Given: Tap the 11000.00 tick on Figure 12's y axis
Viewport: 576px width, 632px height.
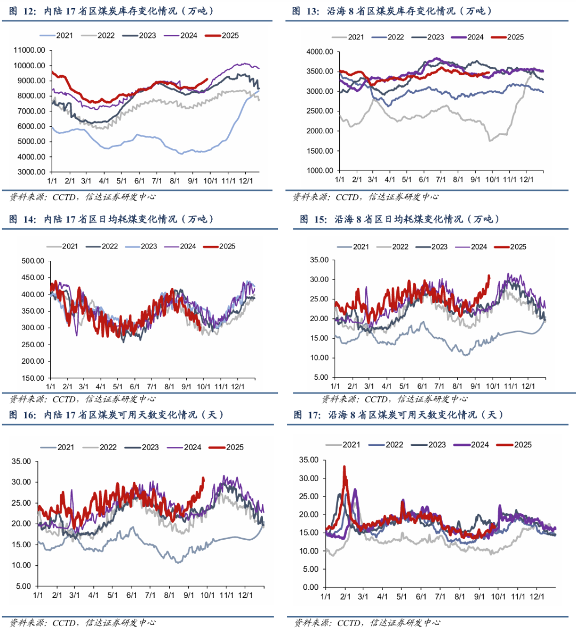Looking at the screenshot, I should point(30,50).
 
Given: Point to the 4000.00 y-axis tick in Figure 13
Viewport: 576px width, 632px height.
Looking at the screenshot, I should point(320,52).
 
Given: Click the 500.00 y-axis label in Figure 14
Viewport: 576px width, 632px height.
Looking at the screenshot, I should point(33,261).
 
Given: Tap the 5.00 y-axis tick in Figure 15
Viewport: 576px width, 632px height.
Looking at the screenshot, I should point(321,377).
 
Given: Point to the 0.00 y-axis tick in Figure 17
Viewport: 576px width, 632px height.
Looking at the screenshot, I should point(311,587).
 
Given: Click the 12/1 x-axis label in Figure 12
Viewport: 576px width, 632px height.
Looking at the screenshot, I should point(246,181).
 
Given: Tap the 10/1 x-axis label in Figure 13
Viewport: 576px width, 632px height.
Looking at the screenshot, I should point(493,180).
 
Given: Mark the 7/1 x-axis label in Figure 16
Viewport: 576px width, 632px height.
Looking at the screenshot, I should point(150,595).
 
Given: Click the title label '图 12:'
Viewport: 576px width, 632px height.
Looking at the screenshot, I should point(22,11).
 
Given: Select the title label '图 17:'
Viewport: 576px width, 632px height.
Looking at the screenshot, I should point(307,415).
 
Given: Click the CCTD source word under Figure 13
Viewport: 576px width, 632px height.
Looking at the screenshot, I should point(347,197).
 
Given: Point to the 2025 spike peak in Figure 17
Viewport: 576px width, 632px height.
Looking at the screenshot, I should point(344,467).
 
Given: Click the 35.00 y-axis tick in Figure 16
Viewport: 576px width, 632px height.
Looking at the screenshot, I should point(21,461).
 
